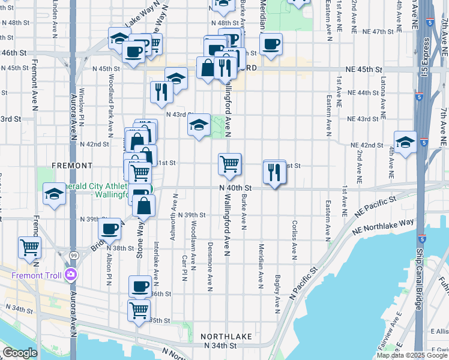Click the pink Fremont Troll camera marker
pyautogui.click(x=71, y=275)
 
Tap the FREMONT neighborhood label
pyautogui.click(x=72, y=165)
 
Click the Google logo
pyautogui.click(x=20, y=353)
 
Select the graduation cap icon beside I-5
pyautogui.click(x=406, y=142)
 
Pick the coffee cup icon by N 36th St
pyautogui.click(x=140, y=286)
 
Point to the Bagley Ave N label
pyautogui.click(x=277, y=294)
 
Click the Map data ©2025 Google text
pyautogui.click(x=412, y=355)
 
